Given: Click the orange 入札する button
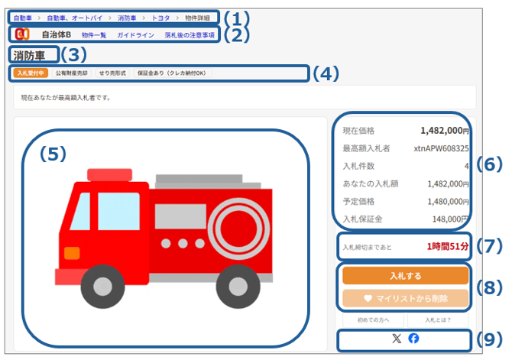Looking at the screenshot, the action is [x=405, y=276].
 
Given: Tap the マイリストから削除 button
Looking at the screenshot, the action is [x=405, y=298].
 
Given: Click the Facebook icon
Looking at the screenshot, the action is [x=413, y=339].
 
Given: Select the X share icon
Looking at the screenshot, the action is [x=397, y=339].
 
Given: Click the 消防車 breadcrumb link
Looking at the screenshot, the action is [x=127, y=18].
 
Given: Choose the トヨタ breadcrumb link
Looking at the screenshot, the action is [x=160, y=18].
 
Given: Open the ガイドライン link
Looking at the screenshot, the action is [x=135, y=35].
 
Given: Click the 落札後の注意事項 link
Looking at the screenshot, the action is [x=190, y=35].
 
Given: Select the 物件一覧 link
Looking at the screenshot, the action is [x=94, y=35].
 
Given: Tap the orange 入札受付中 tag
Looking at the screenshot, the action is [x=31, y=73].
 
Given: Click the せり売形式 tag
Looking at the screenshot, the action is [x=112, y=73].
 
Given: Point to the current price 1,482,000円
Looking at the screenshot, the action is [x=445, y=131].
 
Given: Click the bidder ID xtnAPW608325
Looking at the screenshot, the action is [x=441, y=148].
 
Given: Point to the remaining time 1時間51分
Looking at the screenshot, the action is [x=448, y=246].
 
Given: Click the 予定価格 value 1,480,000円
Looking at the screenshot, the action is [x=448, y=202].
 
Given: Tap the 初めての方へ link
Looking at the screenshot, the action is [x=373, y=320].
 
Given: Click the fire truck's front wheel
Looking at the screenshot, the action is [x=102, y=286].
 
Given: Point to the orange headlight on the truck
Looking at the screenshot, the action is [x=72, y=253].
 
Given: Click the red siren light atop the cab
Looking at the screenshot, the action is [x=110, y=175].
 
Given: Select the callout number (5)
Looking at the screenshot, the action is [x=53, y=154].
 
